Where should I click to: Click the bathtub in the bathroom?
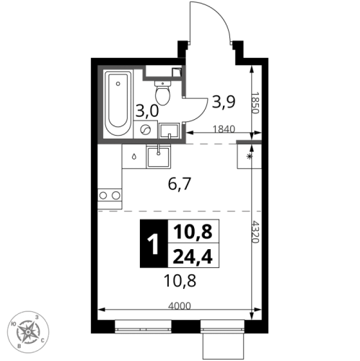coord(118,104)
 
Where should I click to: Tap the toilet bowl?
coord(162,93)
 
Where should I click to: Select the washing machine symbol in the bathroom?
coord(146,130)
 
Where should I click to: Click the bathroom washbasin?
coord(170,131)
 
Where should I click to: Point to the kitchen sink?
coord(158,156)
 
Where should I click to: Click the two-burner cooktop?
coord(110,195)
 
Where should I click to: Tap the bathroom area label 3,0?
coord(147,111)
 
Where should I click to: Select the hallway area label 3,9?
coord(224,102)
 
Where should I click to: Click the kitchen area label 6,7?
coord(180,185)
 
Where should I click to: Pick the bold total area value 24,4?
coord(193,256)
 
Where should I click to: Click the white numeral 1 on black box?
coord(154,244)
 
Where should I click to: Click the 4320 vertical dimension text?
coord(255,232)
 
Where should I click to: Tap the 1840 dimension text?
coord(224,129)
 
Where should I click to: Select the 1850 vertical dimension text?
coord(255,103)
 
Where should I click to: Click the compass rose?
coord(28,332)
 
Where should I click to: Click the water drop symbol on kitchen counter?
coord(133,157)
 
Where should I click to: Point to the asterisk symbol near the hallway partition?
coord(250,157)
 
